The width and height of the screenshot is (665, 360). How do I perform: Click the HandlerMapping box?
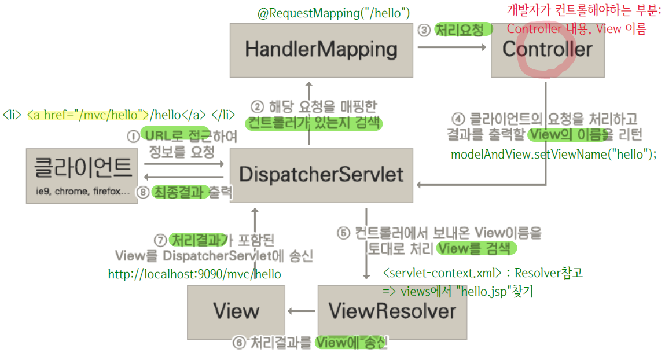tap(321, 50)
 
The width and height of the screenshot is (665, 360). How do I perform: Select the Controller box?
tap(548, 50)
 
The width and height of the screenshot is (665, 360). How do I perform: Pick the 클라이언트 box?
tap(83, 175)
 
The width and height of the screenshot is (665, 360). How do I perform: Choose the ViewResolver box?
tap(392, 312)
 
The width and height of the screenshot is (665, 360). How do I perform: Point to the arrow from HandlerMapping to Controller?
tap(451, 49)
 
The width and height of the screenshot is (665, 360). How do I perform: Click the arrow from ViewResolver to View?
tap(302, 312)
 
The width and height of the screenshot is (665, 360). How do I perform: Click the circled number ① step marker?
tap(133, 136)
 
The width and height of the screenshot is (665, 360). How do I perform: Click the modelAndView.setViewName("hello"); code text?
tap(553, 155)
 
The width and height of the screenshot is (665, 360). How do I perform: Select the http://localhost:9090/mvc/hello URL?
tap(194, 274)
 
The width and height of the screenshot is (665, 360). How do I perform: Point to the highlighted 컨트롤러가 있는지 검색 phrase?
tap(314, 123)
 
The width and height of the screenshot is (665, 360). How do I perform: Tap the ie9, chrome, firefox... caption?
tap(83, 192)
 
